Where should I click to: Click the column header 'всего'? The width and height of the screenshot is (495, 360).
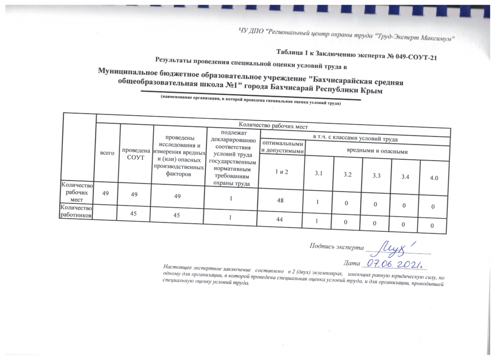tap(107, 153)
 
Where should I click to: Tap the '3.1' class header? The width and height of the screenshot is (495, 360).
tap(318, 173)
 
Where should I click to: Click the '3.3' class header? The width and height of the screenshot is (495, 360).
tap(377, 176)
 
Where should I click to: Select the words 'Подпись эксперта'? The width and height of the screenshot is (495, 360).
tap(336, 246)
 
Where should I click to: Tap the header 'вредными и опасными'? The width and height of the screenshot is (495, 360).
tap(378, 152)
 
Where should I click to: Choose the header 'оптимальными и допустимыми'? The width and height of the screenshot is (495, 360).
tap(282, 148)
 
